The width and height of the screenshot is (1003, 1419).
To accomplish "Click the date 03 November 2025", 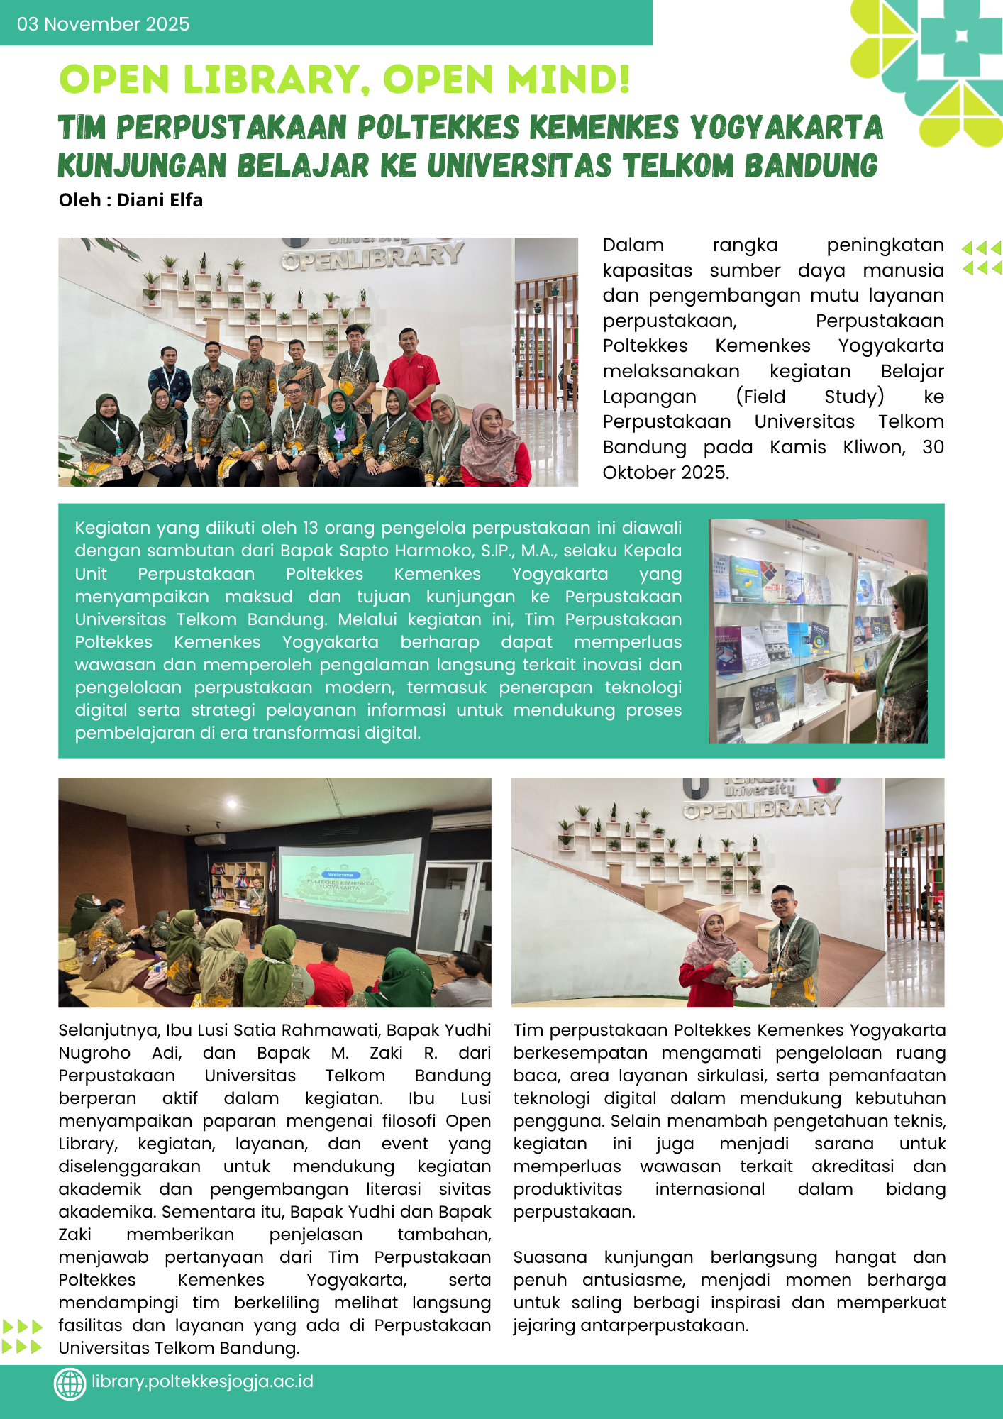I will click(104, 24).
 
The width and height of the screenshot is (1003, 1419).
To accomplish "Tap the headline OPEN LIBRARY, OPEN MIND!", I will click(345, 79).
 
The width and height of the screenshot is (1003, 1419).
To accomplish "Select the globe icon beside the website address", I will click(70, 1384).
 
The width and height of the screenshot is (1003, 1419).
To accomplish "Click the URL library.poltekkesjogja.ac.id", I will click(202, 1382).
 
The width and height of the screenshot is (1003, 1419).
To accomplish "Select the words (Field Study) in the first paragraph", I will click(809, 396).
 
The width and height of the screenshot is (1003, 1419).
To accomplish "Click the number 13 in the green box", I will click(310, 528).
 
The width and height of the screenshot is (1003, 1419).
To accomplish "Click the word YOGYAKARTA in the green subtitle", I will click(786, 128).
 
